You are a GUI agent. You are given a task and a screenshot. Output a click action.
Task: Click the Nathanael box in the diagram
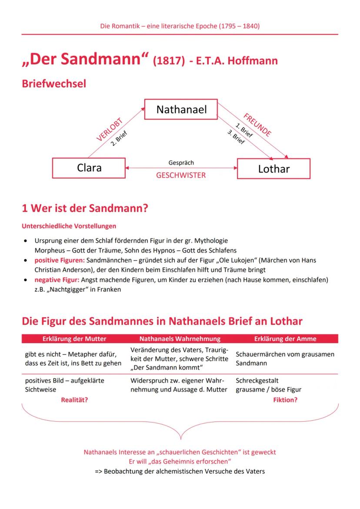(181, 110)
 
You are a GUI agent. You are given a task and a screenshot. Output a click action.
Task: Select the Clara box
(89, 168)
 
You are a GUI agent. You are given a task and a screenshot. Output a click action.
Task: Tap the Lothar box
(273, 169)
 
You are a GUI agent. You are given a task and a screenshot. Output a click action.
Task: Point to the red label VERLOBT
(110, 130)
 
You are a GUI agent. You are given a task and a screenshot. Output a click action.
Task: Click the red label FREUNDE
(257, 125)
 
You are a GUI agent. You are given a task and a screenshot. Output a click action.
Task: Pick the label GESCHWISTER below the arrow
(181, 176)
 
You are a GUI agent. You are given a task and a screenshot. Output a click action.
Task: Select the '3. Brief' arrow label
(236, 138)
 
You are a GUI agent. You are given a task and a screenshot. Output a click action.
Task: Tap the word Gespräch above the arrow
(181, 163)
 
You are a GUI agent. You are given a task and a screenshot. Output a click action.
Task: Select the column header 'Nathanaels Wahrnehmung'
(180, 339)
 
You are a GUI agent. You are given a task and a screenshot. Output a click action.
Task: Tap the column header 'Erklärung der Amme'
(285, 339)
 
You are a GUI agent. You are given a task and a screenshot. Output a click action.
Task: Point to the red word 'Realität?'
(74, 400)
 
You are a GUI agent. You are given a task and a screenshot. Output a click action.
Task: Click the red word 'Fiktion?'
(285, 400)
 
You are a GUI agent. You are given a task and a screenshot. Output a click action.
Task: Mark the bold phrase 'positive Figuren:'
(60, 260)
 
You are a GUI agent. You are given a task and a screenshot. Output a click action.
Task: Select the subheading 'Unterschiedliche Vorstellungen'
(69, 226)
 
